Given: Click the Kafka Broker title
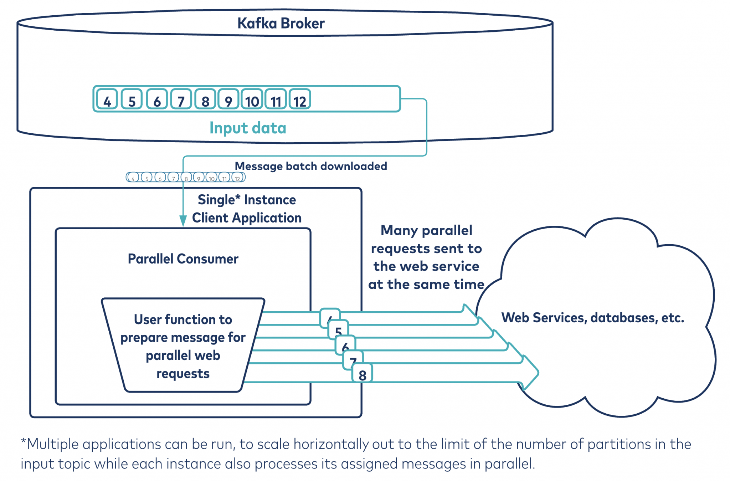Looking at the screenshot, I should point(281,24).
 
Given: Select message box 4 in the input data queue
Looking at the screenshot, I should point(107,99).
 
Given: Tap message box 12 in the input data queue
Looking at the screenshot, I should point(300,99).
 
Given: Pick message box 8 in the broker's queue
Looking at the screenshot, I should point(205,99).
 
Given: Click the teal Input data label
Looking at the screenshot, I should point(248,128).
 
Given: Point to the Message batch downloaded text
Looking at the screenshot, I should point(311,166).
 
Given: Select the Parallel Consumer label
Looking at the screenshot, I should point(183,259).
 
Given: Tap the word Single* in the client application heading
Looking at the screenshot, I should point(219,200).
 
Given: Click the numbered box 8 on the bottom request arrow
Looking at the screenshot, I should point(362,374).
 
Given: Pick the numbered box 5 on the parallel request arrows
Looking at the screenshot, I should point(338,330).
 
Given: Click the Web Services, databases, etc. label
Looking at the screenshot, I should point(592,318).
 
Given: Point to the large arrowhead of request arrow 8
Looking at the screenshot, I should point(531,373).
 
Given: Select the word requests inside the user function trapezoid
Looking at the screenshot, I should point(183,374).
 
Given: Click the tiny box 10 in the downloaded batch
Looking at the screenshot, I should point(212,178).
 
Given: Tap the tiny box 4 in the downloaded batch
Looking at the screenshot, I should point(133,178).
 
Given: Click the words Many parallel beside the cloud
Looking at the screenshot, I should point(426,230).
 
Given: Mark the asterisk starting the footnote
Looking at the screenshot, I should point(24,442).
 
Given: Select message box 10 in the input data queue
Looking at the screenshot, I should point(252,99).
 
